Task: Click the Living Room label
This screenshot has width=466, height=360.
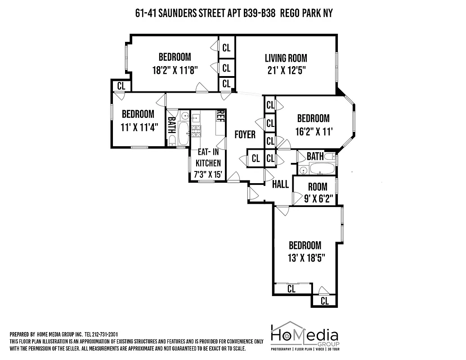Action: coord(286,58)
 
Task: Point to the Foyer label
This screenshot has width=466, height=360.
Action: coord(245,135)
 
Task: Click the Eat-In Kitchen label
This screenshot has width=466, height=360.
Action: coord(208,157)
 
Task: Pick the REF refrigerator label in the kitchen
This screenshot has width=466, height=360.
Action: coord(220,116)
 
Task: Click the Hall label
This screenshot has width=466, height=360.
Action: coord(281,184)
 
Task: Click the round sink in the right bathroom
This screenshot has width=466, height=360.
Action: coord(303,170)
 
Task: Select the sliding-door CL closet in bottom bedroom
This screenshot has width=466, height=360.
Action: coord(291,289)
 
